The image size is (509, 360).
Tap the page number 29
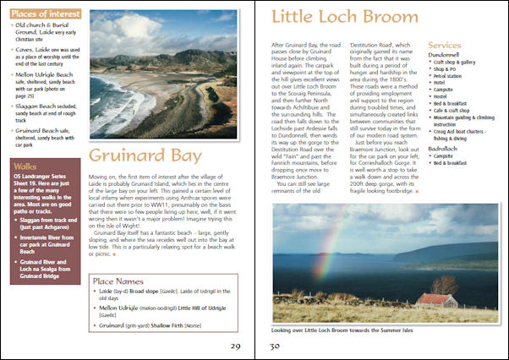tap(236, 346)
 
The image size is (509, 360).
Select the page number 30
tap(274, 346)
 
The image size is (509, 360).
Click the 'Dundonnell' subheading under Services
tap(449, 54)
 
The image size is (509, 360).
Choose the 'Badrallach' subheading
tap(447, 148)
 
